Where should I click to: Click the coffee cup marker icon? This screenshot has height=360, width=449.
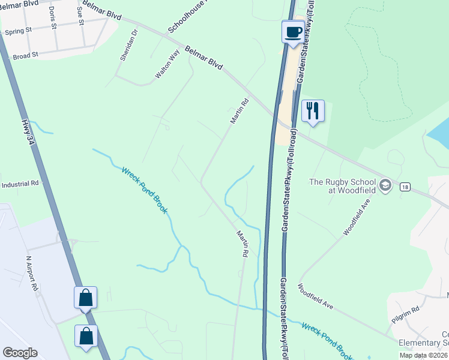tap(293, 32)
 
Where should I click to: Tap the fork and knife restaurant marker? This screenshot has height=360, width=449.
tap(313, 111)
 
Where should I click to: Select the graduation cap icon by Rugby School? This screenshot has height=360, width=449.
tap(385, 183)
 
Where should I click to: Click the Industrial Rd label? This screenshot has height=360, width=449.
tap(20, 184)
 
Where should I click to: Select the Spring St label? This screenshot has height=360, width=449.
tap(17, 32)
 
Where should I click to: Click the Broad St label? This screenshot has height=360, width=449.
tap(25, 55)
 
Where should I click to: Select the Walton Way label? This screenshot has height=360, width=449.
tap(167, 65)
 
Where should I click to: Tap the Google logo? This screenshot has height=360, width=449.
tap(20, 353)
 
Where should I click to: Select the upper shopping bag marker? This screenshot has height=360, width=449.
tap(85, 298)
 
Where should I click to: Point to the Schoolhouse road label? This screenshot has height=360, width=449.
tap(187, 17)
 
